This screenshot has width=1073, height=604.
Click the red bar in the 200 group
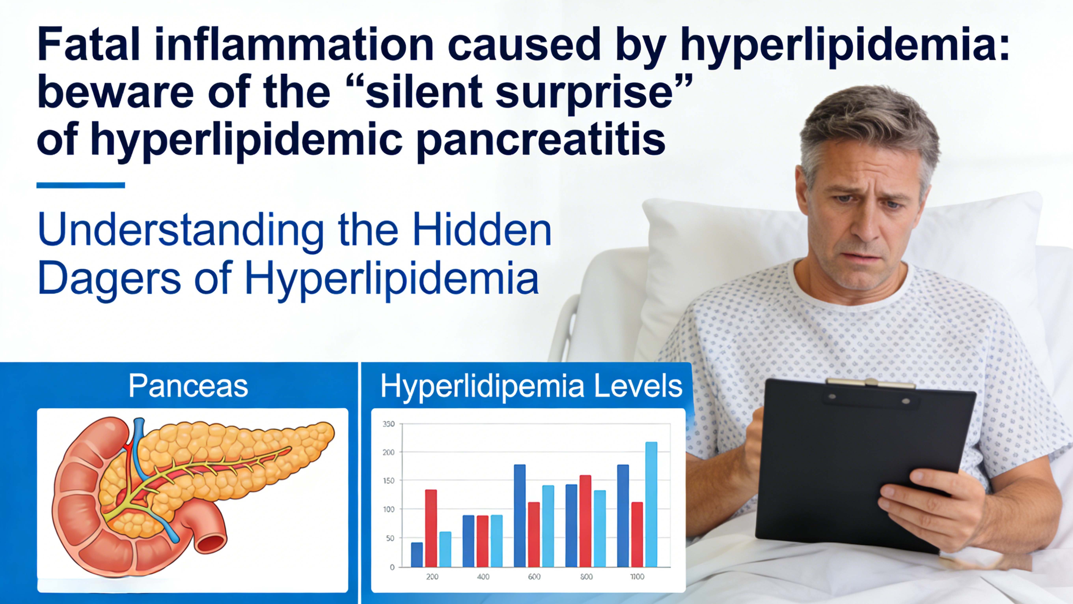point(431,528)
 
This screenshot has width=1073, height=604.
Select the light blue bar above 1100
point(651,504)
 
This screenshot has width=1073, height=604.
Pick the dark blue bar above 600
point(520,516)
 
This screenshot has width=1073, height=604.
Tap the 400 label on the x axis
point(483,577)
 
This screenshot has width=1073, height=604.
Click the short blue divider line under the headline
point(81,185)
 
